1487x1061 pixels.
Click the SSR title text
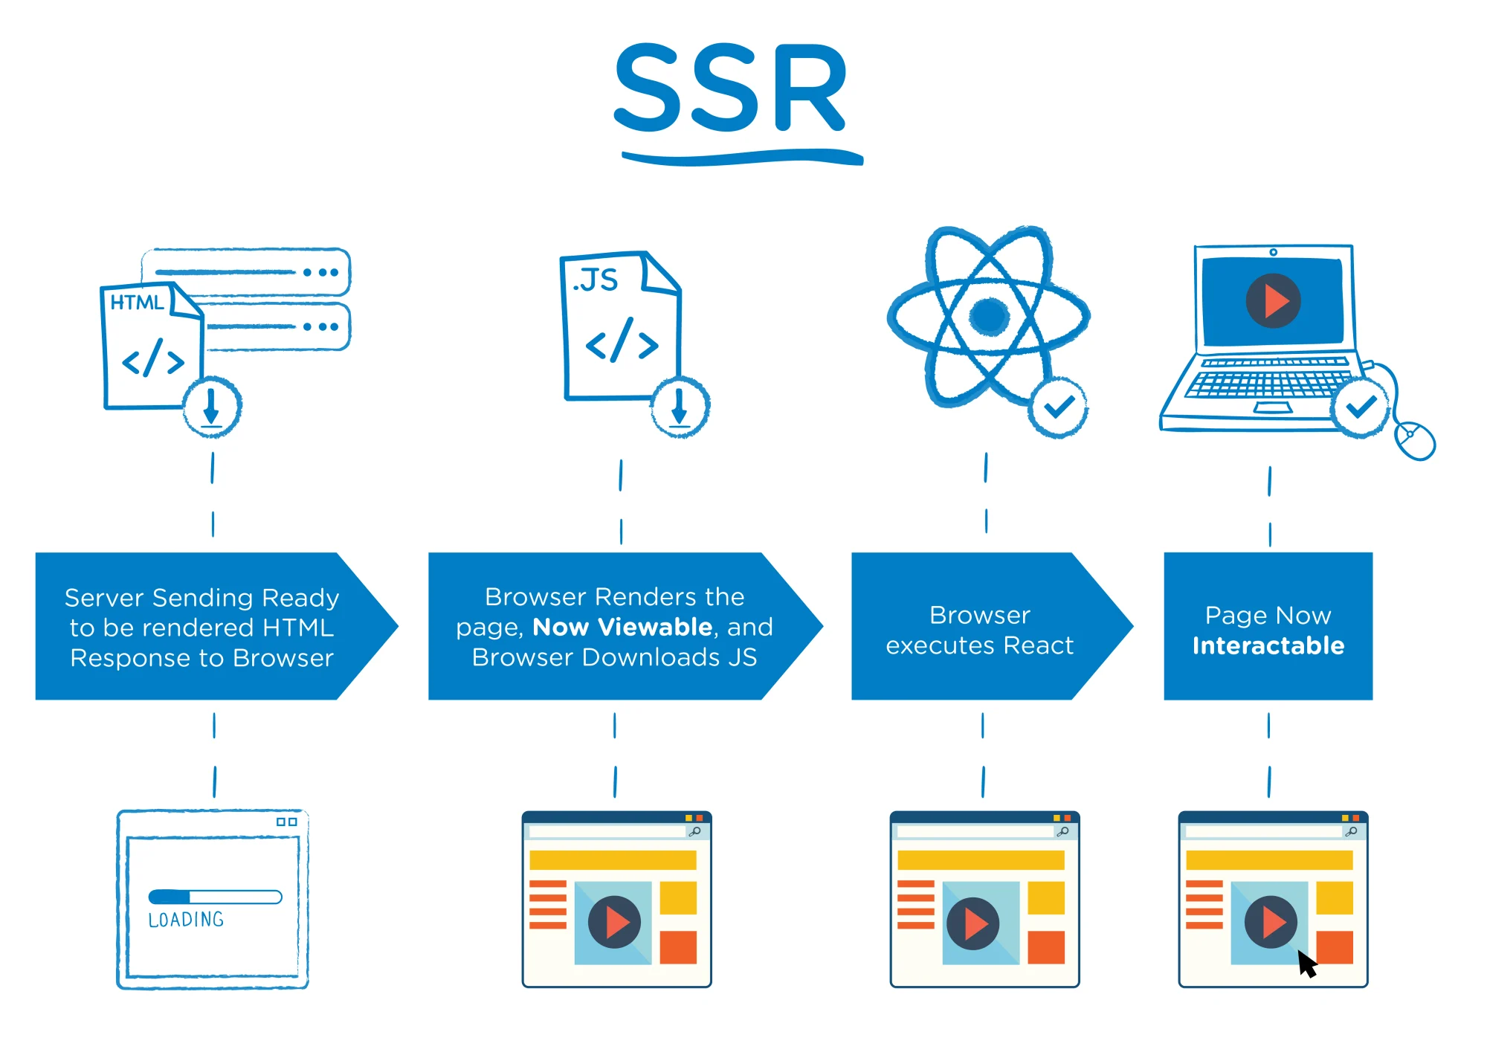[x=731, y=88]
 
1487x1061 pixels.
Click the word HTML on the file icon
[x=137, y=303]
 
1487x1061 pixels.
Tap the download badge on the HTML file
[x=212, y=407]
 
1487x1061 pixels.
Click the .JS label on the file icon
[x=596, y=280]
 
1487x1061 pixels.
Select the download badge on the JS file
[x=680, y=407]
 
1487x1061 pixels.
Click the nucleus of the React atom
[x=989, y=316]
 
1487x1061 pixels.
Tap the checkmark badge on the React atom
[x=1058, y=407]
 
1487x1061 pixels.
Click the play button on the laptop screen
[x=1273, y=301]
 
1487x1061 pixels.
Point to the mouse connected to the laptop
[x=1415, y=440]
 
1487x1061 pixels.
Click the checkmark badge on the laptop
[x=1361, y=407]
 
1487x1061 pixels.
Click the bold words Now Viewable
[x=622, y=627]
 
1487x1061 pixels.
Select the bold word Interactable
[x=1268, y=645]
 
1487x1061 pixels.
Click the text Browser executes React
[x=979, y=630]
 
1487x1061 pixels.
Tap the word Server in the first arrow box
[x=104, y=598]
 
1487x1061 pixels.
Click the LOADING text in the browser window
[x=186, y=920]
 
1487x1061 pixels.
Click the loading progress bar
[x=215, y=897]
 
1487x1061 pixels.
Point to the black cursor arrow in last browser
[x=1306, y=964]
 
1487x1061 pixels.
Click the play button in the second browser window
[x=614, y=922]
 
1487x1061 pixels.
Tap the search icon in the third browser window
[x=1062, y=831]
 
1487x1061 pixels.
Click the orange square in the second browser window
[x=678, y=946]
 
